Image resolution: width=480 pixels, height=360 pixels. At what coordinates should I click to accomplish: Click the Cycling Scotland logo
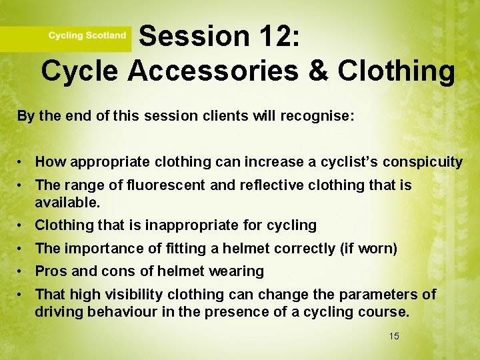(87, 35)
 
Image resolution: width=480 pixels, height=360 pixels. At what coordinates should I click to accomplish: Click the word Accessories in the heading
(227, 70)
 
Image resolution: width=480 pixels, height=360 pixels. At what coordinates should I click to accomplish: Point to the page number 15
(394, 336)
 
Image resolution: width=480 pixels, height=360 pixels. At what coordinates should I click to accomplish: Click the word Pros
(51, 271)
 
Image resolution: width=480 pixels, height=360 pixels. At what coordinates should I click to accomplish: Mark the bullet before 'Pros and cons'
(22, 271)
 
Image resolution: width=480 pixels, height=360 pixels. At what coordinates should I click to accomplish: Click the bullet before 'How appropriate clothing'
(22, 162)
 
